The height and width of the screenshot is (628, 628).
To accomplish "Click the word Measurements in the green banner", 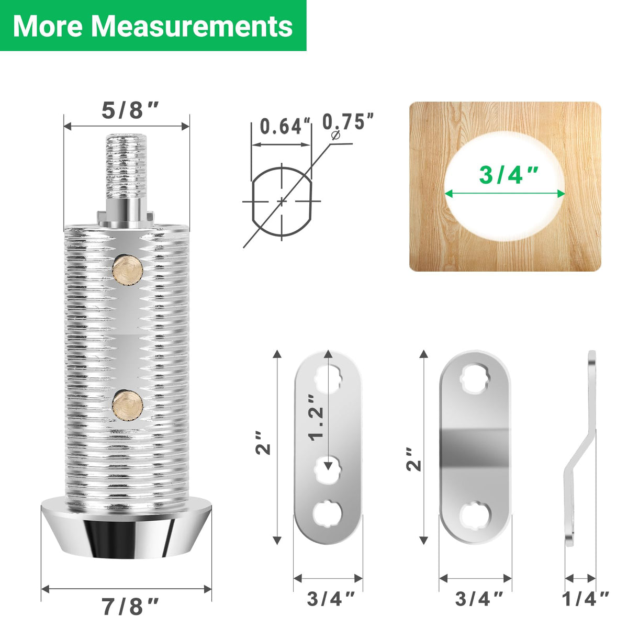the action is coord(192,26).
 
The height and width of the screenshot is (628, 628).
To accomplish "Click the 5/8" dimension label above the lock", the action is coord(130,110).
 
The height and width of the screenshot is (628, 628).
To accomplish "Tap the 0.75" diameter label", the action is coord(347,121).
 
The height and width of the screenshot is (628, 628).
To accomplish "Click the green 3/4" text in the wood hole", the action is coord(508,175).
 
